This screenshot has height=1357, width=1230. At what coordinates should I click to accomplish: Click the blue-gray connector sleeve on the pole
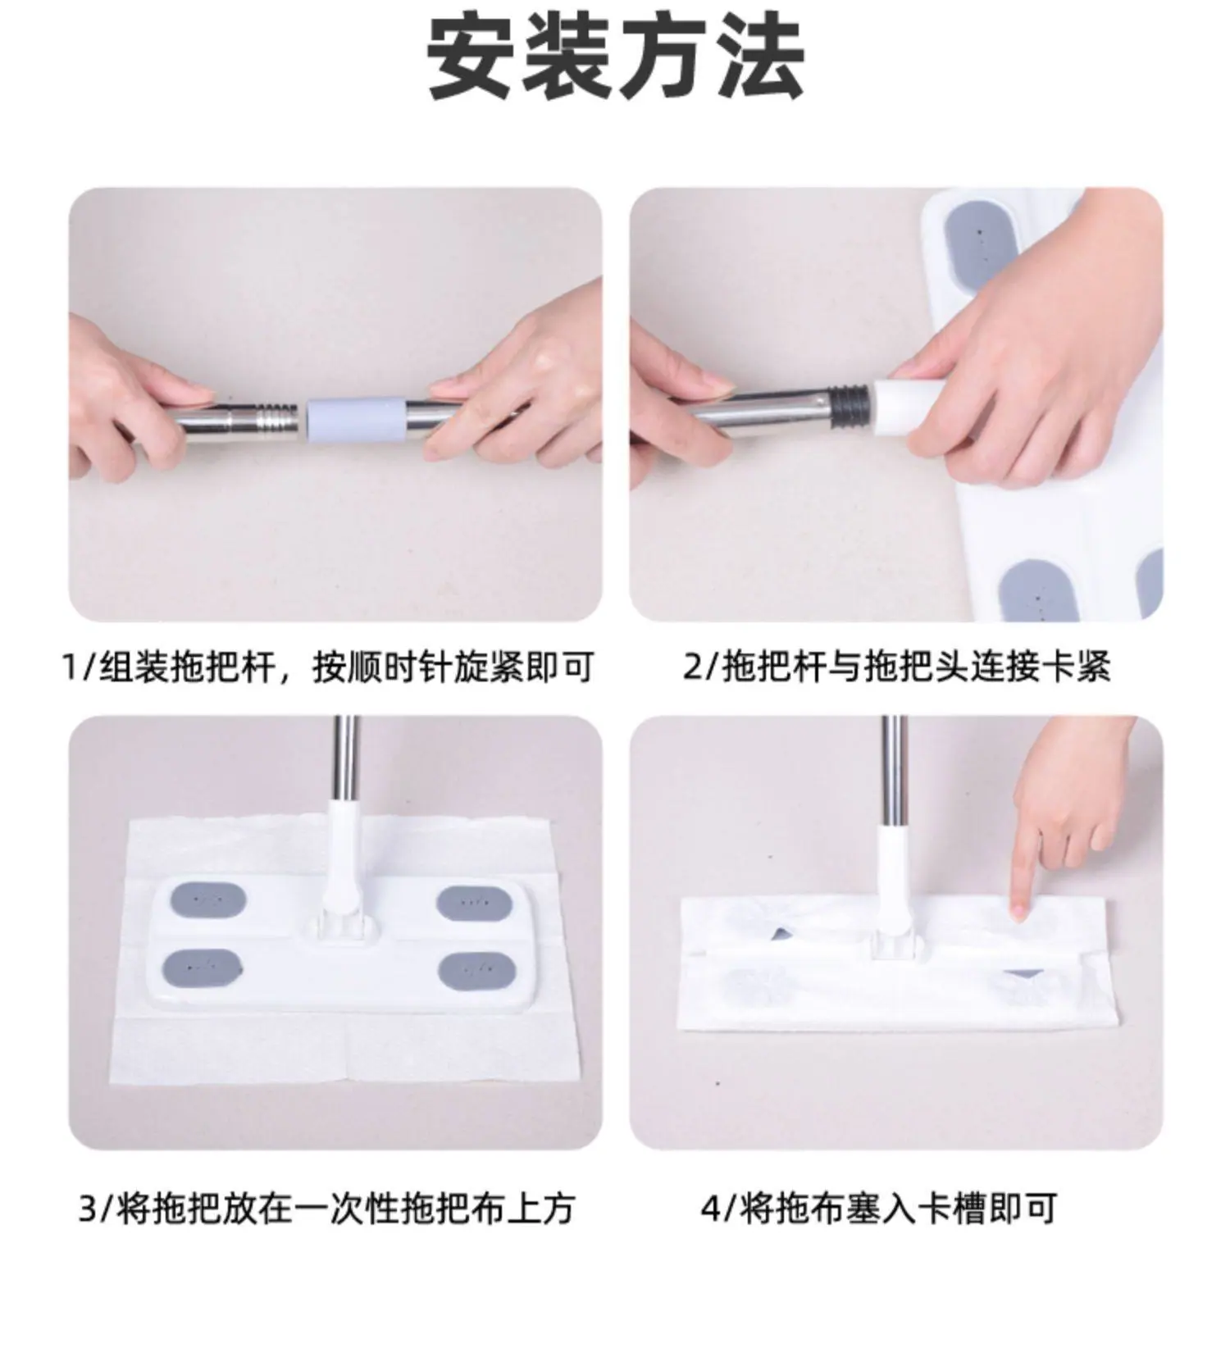click(357, 419)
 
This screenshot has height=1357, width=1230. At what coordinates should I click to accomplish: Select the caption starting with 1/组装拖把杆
click(328, 667)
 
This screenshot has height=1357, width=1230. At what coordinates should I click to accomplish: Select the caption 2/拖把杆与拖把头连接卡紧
click(896, 667)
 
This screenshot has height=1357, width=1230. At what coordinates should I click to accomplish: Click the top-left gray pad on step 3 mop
click(208, 900)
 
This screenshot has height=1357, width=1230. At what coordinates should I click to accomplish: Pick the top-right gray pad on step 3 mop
click(474, 903)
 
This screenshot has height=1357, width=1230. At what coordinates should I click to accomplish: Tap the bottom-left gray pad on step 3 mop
click(203, 968)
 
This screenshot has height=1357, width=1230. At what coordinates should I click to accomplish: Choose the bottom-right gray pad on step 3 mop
click(476, 971)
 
